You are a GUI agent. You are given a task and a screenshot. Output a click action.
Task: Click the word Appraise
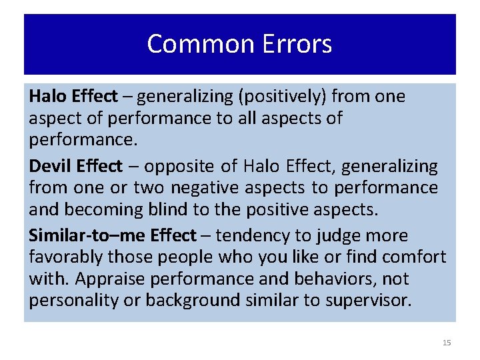pos(112,279)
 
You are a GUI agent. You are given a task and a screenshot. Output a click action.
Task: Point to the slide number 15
pos(447,343)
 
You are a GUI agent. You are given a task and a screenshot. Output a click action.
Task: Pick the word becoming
pos(100,209)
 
